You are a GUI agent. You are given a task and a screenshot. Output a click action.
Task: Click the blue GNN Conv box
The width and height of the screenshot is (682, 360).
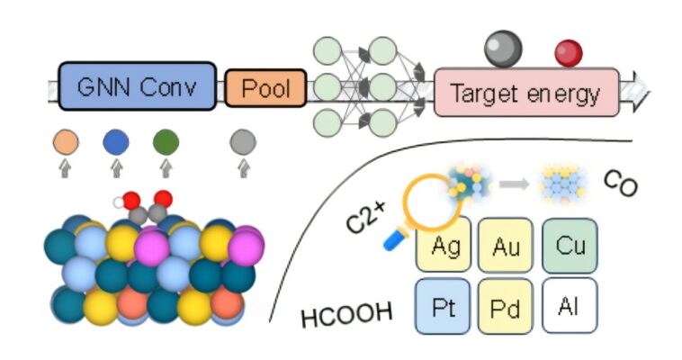(x=137, y=87)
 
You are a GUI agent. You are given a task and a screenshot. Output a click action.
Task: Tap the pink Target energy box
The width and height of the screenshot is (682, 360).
(x=526, y=92)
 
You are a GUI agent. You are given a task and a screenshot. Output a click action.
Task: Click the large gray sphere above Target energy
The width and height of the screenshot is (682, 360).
(x=503, y=49)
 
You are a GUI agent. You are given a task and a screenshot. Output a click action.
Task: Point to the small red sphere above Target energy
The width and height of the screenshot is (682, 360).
(x=568, y=53)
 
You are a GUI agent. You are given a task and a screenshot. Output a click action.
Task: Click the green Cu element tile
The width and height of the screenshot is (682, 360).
(x=570, y=244)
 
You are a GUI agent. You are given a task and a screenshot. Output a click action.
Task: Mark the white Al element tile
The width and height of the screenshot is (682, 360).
(x=570, y=305)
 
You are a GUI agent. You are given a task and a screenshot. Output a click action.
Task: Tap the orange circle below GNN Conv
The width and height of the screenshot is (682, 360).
(x=66, y=141)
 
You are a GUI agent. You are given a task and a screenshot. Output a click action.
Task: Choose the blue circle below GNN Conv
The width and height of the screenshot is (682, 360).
(x=115, y=141)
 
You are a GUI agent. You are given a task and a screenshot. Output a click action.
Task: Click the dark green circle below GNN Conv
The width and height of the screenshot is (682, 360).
(x=166, y=141)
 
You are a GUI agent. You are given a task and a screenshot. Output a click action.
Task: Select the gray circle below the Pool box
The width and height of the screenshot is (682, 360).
(x=242, y=141)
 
